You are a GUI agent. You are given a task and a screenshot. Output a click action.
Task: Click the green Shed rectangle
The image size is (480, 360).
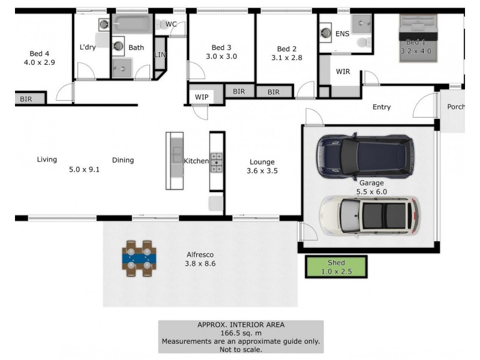coord(336,266)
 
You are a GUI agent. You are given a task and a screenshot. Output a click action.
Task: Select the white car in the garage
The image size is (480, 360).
coord(370,215)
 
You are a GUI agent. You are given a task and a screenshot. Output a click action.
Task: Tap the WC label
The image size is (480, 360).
coord(171,24)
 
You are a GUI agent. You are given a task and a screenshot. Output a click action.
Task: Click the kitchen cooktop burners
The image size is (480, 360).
coord(217,162)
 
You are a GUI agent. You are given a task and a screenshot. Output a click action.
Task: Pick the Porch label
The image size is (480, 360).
coord(455,107)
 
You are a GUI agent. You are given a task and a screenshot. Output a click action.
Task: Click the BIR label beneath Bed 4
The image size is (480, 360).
coord(26,99)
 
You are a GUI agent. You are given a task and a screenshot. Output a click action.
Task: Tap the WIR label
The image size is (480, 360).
coord(343,72)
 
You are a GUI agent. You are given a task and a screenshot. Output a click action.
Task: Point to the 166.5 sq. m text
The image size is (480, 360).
coord(241,332)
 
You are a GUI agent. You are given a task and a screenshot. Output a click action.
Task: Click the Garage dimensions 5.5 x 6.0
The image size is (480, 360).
coord(373,191)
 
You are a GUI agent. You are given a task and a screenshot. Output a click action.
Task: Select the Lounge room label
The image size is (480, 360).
coord(262,162)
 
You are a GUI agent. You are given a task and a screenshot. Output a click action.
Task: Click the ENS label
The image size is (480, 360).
coord(343,34)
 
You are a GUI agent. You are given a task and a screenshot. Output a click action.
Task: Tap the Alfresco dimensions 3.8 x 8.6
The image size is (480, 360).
coord(200,263)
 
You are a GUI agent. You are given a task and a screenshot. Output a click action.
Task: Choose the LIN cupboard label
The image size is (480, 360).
coord(160,54)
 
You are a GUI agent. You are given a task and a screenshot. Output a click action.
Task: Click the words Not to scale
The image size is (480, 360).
coord(241,349)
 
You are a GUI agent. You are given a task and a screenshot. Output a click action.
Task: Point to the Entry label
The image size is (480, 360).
coord(382,107)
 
